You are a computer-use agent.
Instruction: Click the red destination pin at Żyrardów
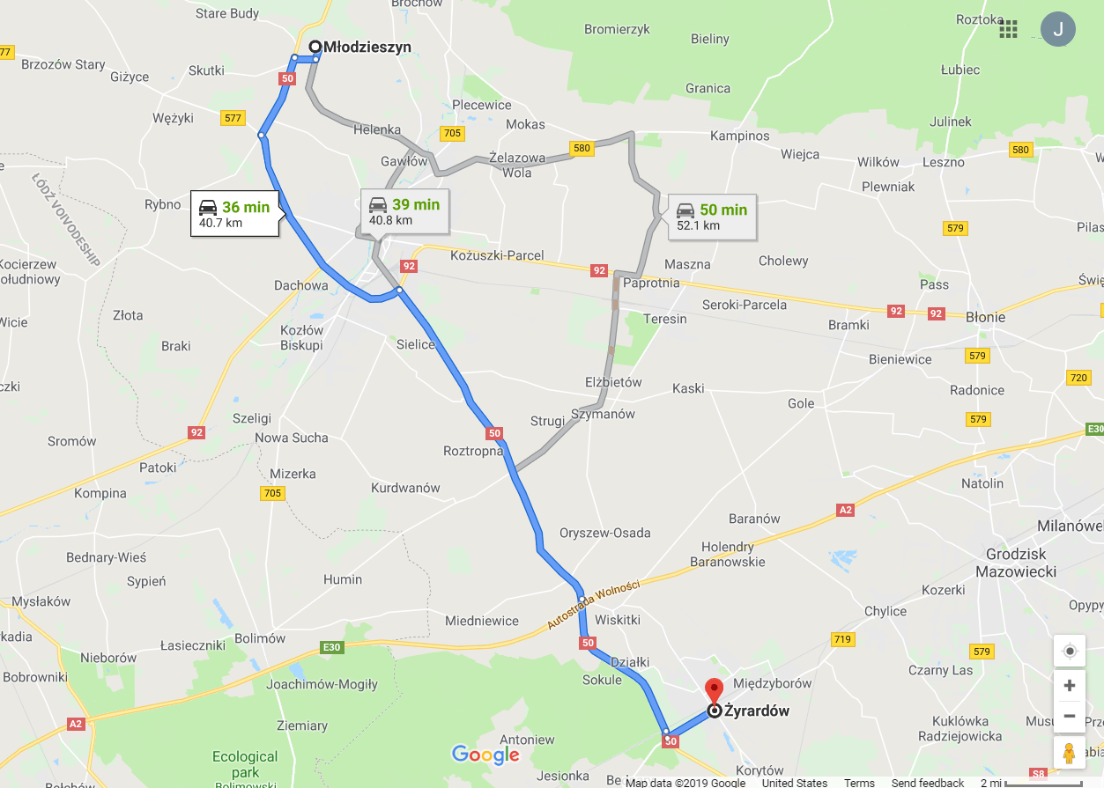tap(714, 689)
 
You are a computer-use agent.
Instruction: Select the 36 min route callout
tap(235, 214)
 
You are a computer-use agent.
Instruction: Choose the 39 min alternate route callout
tap(404, 211)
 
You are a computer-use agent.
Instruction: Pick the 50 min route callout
tap(712, 217)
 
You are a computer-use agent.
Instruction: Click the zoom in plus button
tap(1070, 686)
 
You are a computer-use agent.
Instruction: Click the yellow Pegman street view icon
tap(1070, 754)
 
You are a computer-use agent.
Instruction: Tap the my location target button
tap(1070, 652)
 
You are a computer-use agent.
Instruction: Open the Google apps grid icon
tap(1008, 29)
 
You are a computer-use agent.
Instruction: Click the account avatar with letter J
tap(1057, 29)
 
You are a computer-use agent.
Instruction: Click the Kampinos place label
tap(740, 136)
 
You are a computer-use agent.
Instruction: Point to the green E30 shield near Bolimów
tap(331, 648)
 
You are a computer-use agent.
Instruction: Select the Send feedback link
tap(928, 783)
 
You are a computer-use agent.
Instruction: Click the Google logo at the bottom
tap(485, 755)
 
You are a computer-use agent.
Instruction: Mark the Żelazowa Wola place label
tap(517, 166)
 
